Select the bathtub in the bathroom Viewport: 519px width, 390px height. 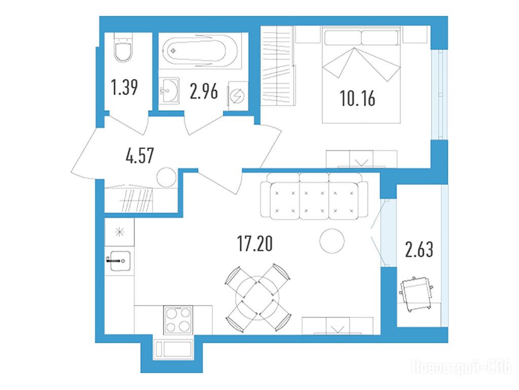click(x=199, y=52)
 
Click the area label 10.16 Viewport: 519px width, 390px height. click(x=358, y=99)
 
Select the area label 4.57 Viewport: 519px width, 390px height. click(x=140, y=155)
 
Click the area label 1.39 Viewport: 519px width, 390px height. click(x=124, y=87)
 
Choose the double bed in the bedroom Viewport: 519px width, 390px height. click(x=361, y=75)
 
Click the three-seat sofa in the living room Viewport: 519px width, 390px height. click(x=314, y=196)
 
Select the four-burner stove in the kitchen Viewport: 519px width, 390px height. click(x=178, y=320)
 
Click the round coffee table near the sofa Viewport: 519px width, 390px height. click(x=332, y=241)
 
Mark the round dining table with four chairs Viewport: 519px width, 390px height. click(x=258, y=297)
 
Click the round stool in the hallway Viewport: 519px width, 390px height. click(x=166, y=177)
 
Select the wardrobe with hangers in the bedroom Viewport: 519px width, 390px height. click(x=278, y=66)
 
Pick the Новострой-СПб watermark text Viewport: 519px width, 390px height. click(x=461, y=368)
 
